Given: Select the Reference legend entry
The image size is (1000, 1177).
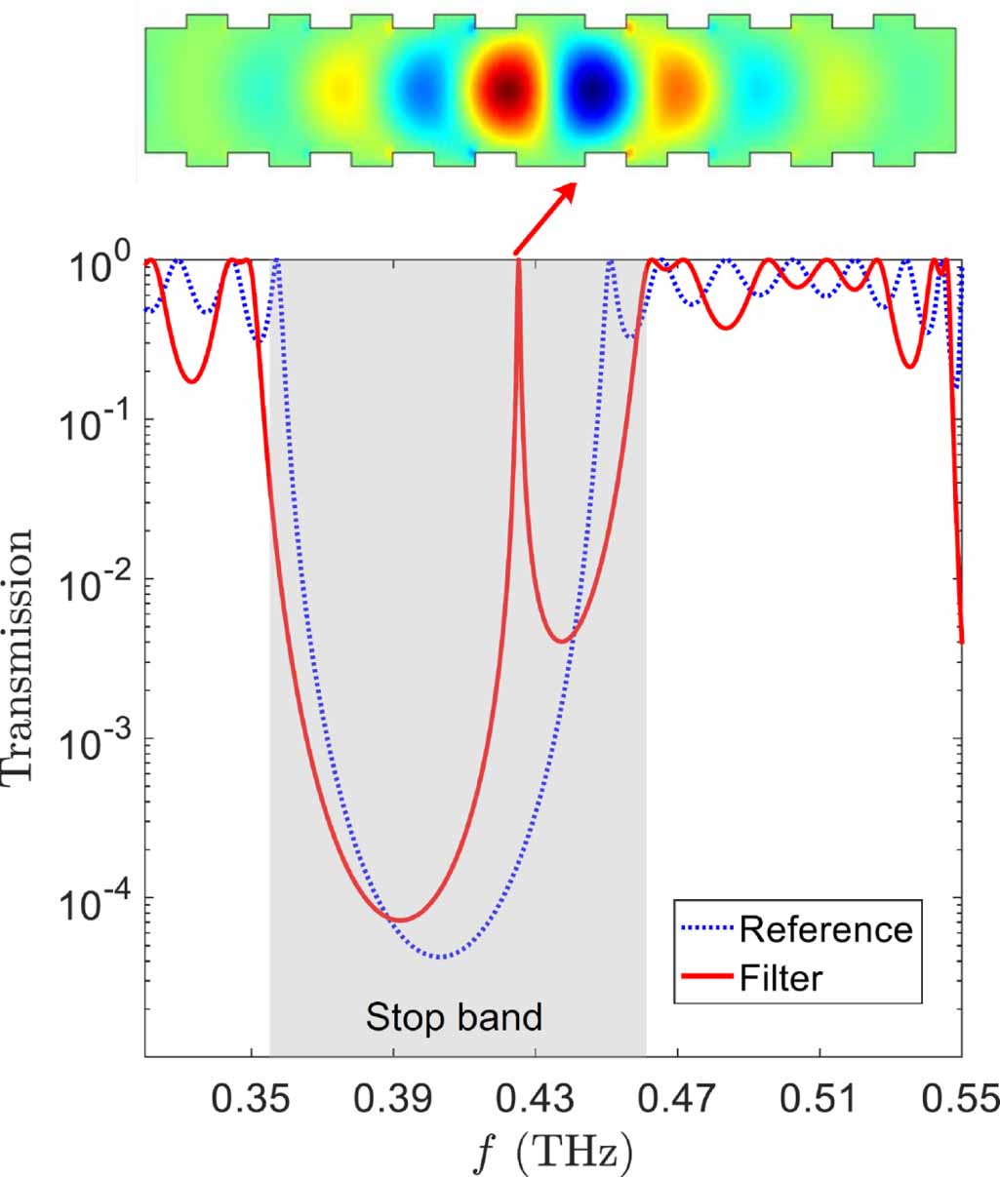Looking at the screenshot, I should (x=825, y=929).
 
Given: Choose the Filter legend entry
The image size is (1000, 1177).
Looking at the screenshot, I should (x=780, y=977).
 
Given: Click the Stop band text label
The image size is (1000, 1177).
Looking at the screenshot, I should (x=454, y=1017).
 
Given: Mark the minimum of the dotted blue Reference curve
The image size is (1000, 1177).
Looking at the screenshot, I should (x=441, y=957).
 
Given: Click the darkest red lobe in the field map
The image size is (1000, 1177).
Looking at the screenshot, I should (x=508, y=92).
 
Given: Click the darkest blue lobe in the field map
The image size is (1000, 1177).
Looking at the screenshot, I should (x=593, y=92).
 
